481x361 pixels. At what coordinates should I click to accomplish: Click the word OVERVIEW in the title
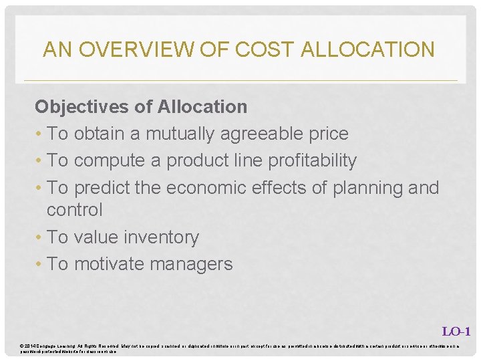coord(138,49)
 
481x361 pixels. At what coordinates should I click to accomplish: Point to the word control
coord(74,210)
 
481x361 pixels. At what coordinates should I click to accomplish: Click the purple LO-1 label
coord(456,331)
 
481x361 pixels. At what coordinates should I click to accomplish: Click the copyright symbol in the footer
coord(22,345)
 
